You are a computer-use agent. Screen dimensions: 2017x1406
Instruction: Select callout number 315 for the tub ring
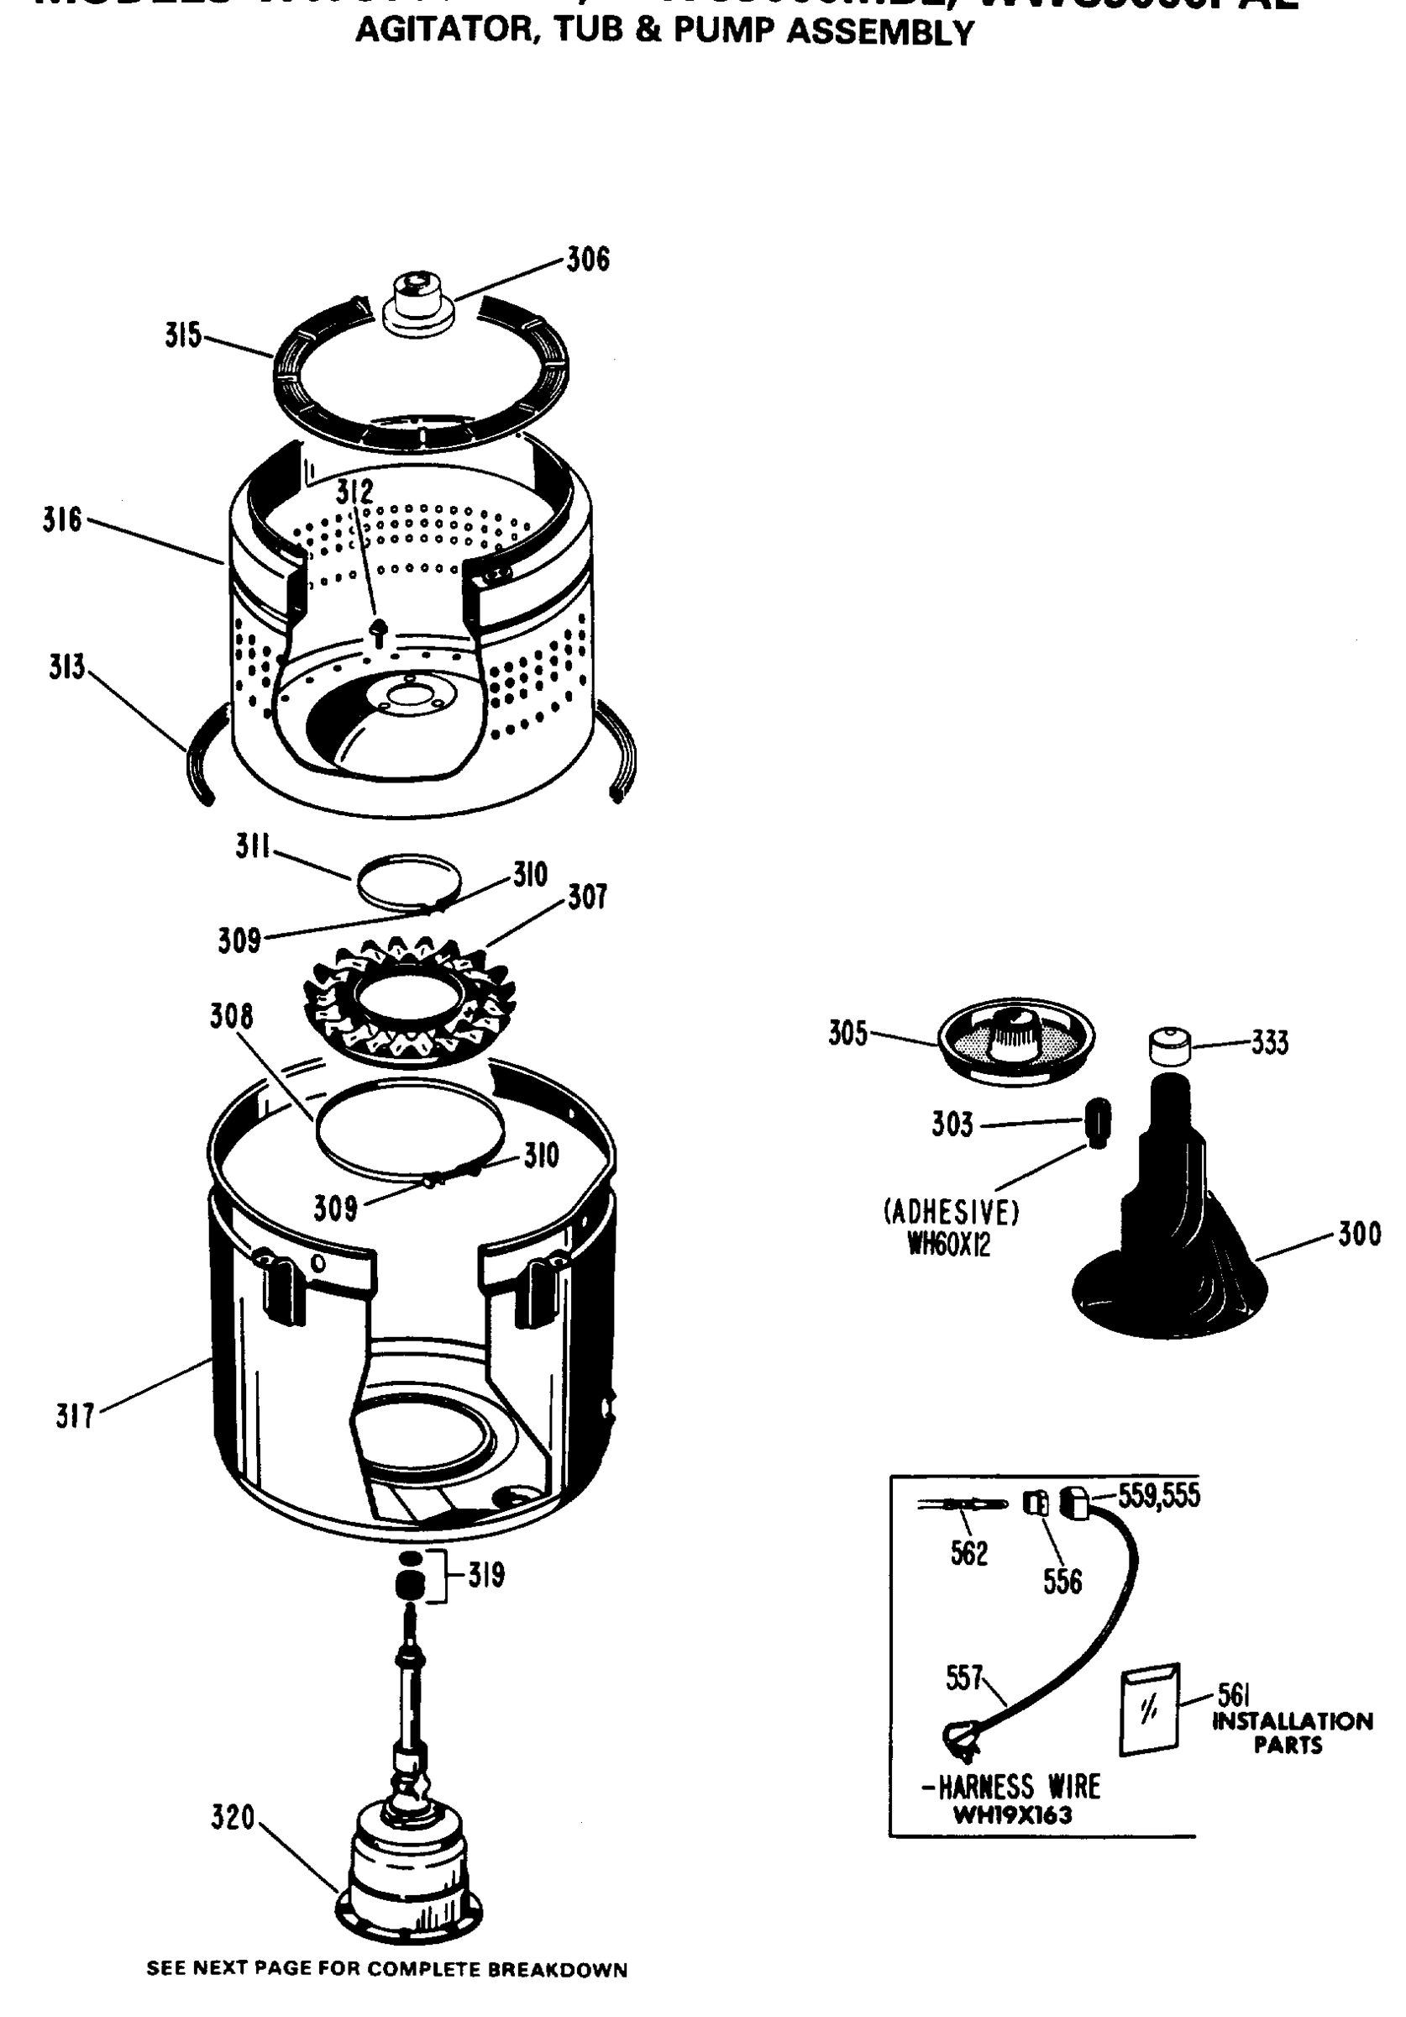click(182, 336)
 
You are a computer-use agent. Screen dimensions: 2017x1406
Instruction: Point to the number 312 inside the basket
click(354, 492)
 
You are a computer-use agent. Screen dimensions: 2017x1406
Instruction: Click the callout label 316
click(61, 520)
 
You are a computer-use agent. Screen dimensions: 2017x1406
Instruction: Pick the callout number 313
click(66, 667)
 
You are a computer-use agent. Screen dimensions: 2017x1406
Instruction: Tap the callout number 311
click(252, 847)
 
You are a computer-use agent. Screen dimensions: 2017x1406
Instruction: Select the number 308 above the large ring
click(231, 1016)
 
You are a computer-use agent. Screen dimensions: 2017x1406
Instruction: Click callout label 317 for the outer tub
click(75, 1416)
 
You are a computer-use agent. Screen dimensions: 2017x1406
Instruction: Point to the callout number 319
click(485, 1575)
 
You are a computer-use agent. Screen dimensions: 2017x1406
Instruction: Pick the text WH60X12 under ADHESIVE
click(948, 1245)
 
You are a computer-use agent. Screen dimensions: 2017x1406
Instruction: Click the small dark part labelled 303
click(1098, 1123)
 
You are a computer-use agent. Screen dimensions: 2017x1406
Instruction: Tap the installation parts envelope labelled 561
click(1149, 1709)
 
